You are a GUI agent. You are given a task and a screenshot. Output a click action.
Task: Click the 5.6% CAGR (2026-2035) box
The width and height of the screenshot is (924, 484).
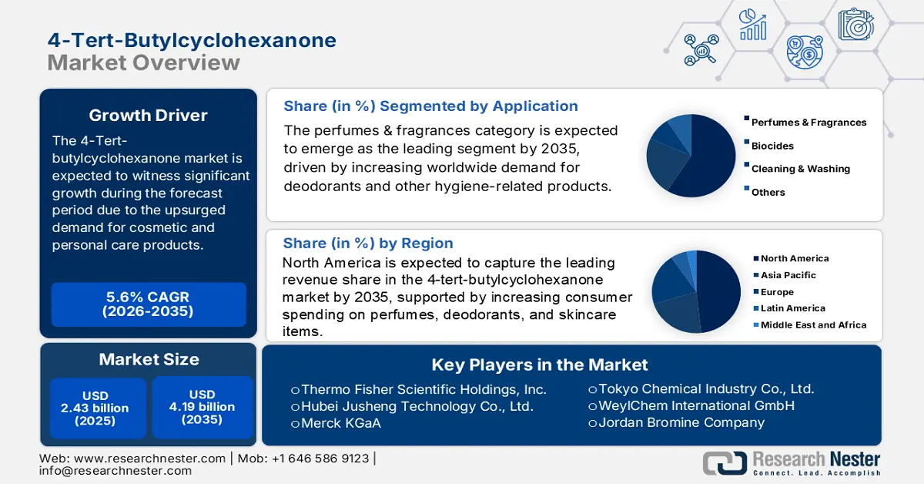148,304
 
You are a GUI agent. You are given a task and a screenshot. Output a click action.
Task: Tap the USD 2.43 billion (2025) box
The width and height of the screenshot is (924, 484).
98,408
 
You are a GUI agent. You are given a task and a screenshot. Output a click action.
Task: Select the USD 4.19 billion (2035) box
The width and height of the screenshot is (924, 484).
202,408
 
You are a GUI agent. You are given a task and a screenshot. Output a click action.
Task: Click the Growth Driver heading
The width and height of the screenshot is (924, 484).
148,116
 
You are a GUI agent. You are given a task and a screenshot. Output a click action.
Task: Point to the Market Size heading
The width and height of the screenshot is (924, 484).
148,359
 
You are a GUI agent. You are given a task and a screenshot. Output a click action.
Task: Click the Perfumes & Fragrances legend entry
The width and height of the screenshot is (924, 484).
808,123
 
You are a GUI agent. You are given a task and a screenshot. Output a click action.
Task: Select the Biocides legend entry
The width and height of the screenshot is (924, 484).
772,146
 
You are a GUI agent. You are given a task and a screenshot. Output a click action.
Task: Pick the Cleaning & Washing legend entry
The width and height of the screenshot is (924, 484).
800,169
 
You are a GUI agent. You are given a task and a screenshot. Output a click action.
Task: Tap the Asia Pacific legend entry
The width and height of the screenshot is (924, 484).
788,275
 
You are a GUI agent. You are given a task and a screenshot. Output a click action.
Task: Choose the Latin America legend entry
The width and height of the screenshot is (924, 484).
792,308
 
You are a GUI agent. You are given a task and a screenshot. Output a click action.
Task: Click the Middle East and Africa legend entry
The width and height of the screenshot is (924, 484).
813,325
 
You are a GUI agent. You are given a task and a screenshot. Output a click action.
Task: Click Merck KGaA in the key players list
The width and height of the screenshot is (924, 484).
336,423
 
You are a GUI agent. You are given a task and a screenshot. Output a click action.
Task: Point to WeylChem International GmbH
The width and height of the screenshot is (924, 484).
691,405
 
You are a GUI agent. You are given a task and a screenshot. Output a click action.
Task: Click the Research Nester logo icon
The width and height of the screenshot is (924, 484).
725,462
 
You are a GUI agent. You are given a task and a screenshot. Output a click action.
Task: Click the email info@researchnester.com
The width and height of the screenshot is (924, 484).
115,471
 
